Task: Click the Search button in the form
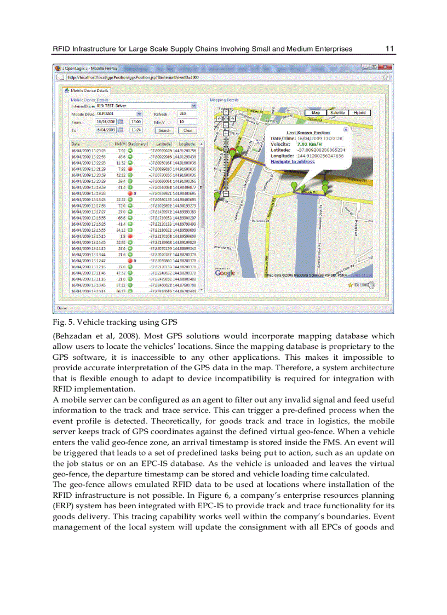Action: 164,130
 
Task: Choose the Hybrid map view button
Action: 359,112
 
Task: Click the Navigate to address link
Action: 293,162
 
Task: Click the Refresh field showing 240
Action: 187,113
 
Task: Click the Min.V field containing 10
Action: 187,122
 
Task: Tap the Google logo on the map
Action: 225,272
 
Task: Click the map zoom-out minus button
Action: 226,193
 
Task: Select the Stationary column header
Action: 136,144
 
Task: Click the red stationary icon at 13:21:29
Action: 130,169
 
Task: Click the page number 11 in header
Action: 389,49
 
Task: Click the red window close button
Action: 385,68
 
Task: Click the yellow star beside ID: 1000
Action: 350,285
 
